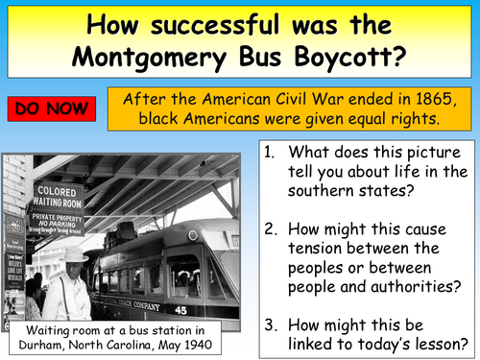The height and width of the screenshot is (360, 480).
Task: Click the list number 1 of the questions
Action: tap(271, 152)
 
